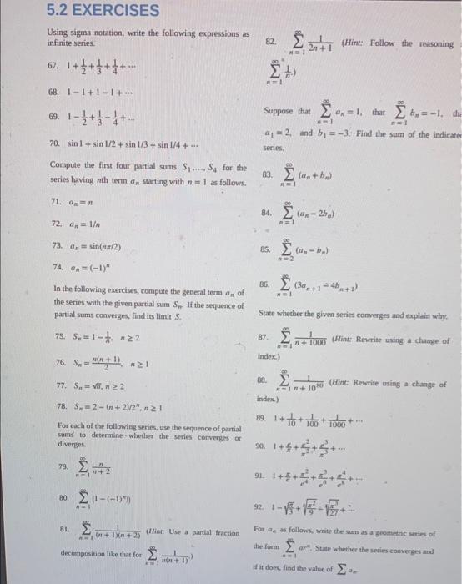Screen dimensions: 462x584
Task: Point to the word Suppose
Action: [278, 111]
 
